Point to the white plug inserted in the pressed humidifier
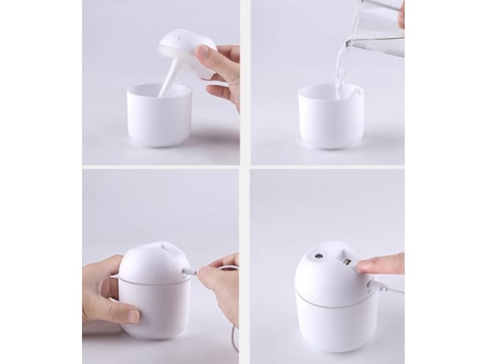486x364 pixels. coord(374,287)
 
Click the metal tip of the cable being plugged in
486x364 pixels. coord(190,271)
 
